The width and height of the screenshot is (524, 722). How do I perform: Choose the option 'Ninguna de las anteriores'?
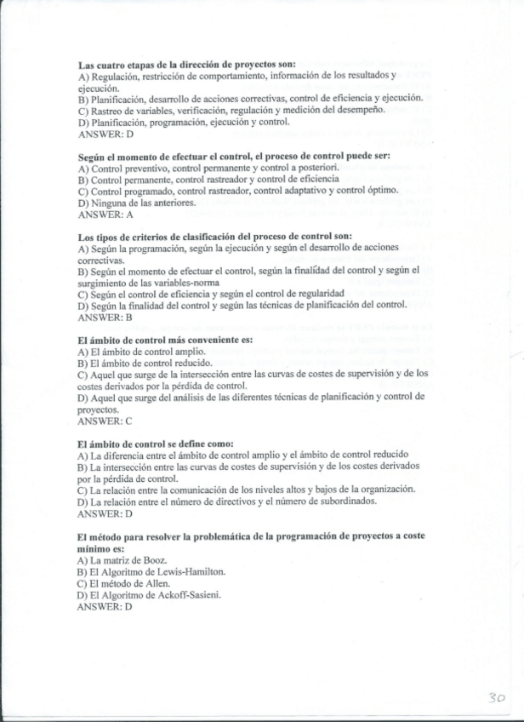tap(141, 203)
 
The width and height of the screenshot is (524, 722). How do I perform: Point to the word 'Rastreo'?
tap(109, 112)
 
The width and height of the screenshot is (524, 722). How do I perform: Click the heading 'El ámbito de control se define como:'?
tap(155, 444)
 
